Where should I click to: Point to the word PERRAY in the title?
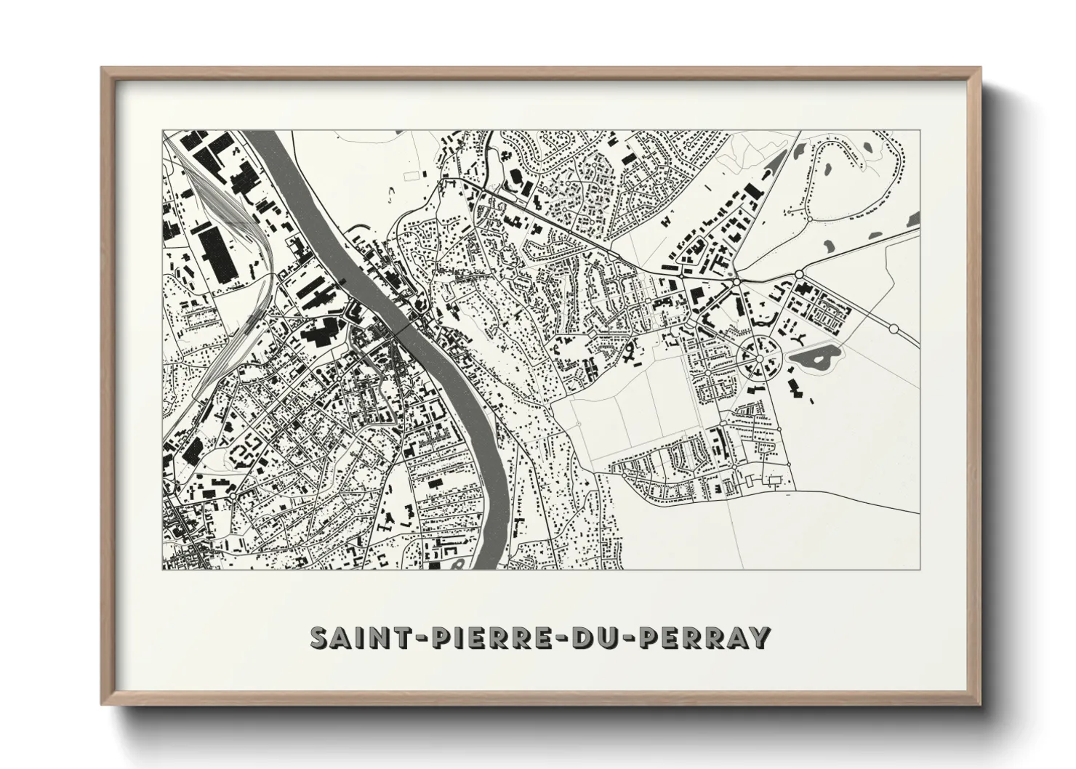(705, 637)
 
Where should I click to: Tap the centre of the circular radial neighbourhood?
(759, 358)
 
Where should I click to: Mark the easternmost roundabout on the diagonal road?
(894, 329)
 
